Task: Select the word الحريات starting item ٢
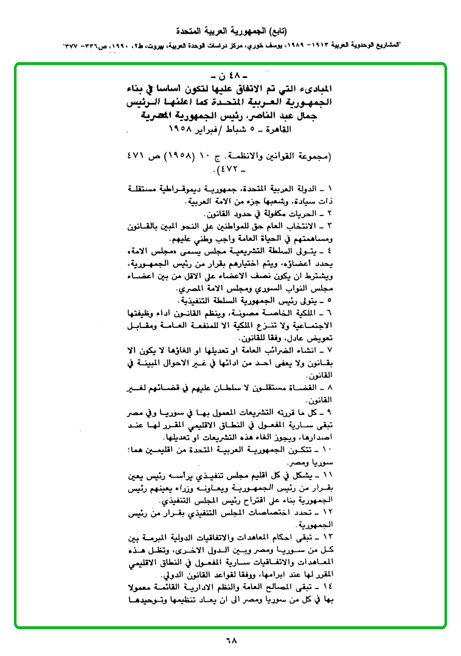312,214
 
